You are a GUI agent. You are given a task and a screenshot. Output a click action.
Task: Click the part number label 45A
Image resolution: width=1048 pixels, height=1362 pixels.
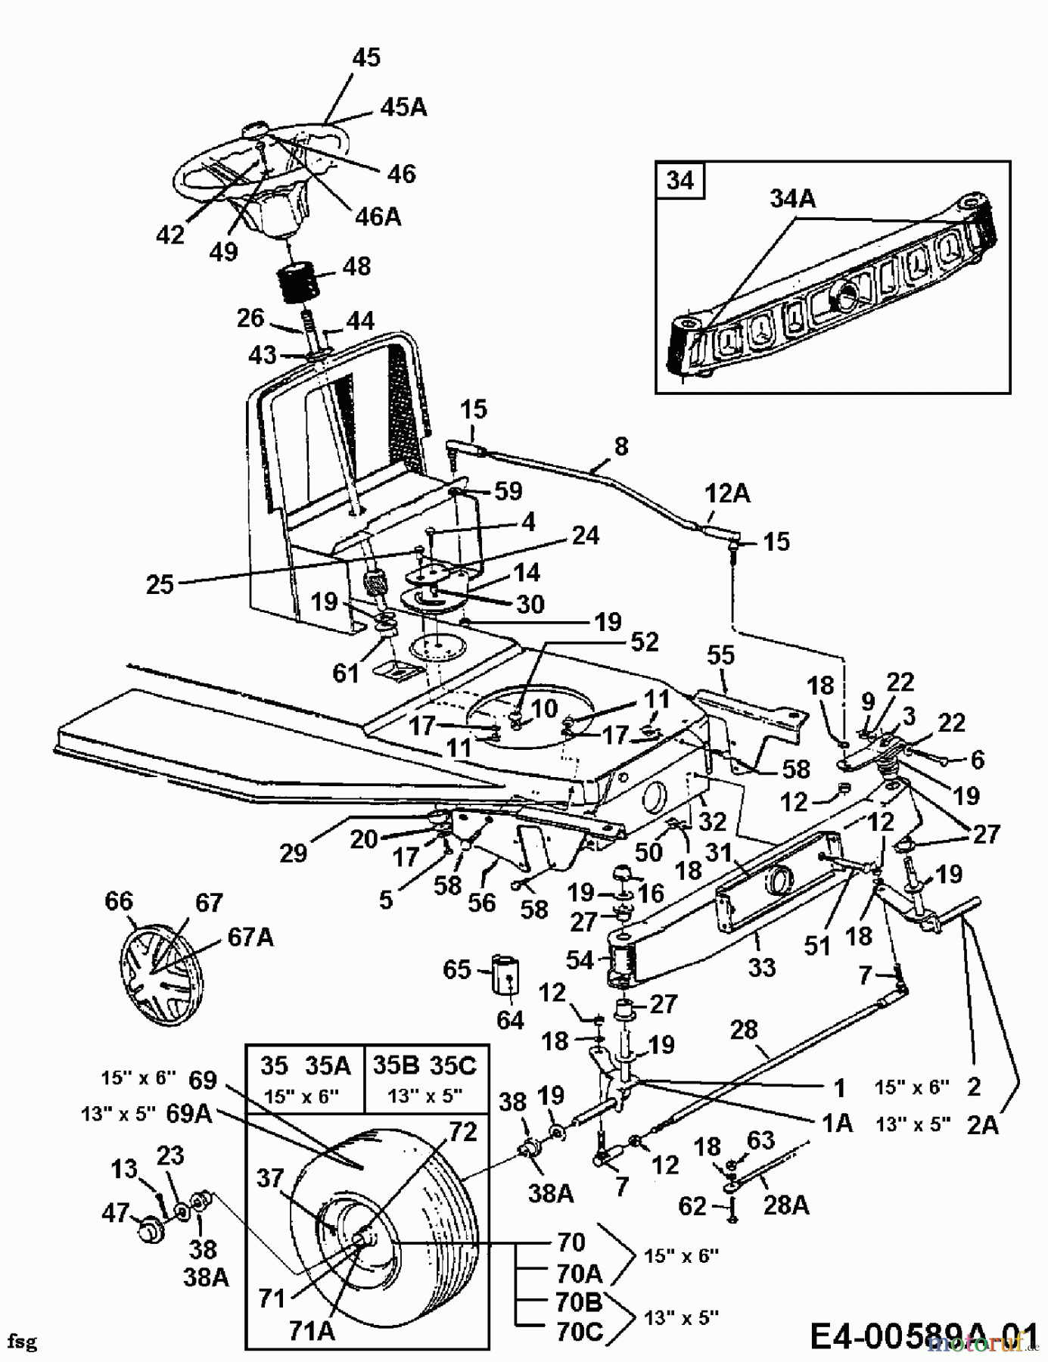pyautogui.click(x=403, y=107)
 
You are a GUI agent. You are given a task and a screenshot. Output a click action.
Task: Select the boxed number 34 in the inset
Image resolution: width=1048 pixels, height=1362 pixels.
pyautogui.click(x=680, y=182)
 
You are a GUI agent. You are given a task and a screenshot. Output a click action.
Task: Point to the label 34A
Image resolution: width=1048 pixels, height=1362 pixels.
pyautogui.click(x=793, y=199)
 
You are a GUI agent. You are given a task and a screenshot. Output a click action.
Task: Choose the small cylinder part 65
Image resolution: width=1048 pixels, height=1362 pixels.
pyautogui.click(x=506, y=973)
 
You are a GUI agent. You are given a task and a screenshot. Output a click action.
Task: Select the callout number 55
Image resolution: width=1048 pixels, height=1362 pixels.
pyautogui.click(x=720, y=655)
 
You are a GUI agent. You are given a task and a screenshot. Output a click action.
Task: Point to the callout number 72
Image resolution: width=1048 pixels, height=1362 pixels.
pyautogui.click(x=463, y=1132)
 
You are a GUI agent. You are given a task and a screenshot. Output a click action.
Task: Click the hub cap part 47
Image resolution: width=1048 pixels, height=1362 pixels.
pyautogui.click(x=147, y=1229)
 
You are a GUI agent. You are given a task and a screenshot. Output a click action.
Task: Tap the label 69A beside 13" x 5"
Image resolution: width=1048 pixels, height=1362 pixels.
pyautogui.click(x=188, y=1115)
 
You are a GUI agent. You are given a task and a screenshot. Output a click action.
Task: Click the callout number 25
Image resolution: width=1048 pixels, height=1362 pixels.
pyautogui.click(x=160, y=584)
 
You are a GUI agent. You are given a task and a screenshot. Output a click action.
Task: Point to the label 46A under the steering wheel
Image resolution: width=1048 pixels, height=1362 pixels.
pyautogui.click(x=378, y=217)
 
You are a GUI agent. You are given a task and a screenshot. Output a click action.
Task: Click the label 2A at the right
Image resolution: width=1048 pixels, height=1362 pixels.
pyautogui.click(x=983, y=1125)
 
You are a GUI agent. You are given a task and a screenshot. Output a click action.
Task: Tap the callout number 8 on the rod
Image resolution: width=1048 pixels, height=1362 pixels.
pyautogui.click(x=621, y=446)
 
